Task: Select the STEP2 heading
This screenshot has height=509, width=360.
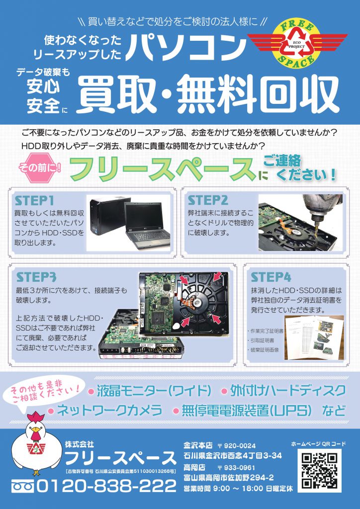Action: tap(208, 200)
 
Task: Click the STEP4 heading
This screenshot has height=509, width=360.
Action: tap(271, 277)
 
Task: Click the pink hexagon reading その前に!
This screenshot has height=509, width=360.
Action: tap(40, 168)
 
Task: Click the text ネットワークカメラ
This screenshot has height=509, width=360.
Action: tap(109, 410)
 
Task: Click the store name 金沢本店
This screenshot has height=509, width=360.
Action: tap(198, 445)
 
